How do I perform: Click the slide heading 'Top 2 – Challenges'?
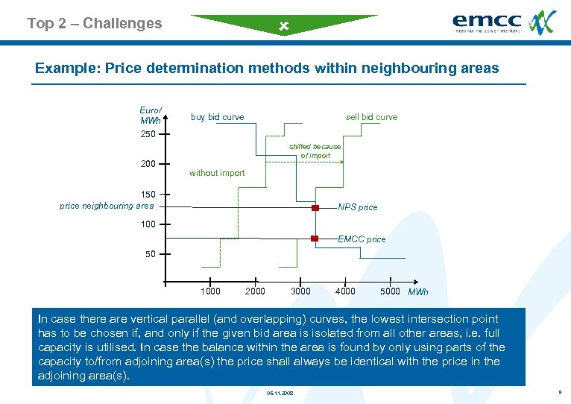(x=94, y=23)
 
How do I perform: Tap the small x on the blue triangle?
(x=283, y=27)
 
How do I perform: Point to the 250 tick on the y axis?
(x=148, y=134)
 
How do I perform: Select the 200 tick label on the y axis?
(x=148, y=164)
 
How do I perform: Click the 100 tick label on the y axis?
(x=148, y=224)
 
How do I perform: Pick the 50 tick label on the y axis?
(x=151, y=254)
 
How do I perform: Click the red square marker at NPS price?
(x=315, y=207)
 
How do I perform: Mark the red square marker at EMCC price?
(x=315, y=239)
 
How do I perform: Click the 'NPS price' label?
(x=358, y=207)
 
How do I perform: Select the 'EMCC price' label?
(x=362, y=239)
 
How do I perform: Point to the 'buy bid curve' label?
(x=217, y=117)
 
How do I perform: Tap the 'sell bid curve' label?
(x=371, y=117)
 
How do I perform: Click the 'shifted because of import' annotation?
(x=315, y=151)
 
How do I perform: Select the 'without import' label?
(x=217, y=173)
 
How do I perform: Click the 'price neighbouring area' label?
(x=107, y=206)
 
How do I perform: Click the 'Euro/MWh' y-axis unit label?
(x=151, y=116)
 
